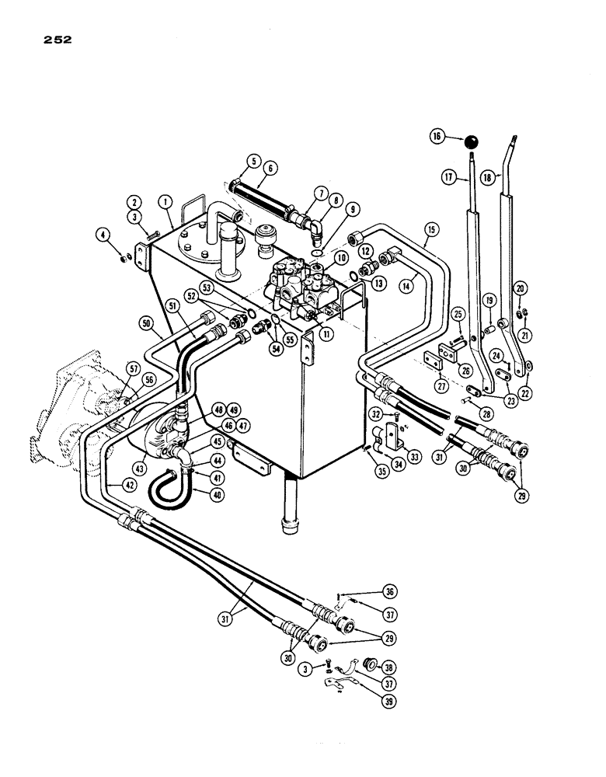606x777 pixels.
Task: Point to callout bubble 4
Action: [103, 232]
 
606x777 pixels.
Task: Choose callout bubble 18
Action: [487, 177]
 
